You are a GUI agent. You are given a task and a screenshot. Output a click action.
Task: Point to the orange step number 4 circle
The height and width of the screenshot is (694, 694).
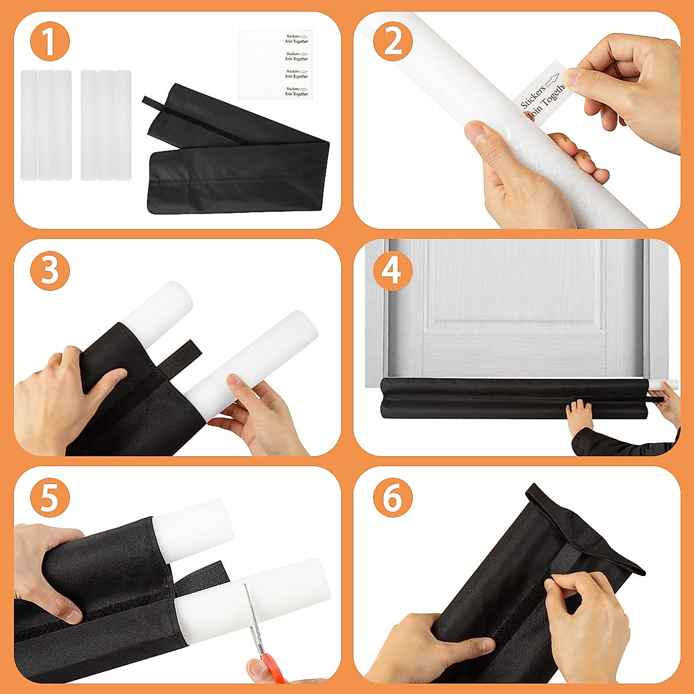tap(393, 270)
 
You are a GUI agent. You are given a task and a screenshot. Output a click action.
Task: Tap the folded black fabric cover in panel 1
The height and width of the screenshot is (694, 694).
tap(237, 150)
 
